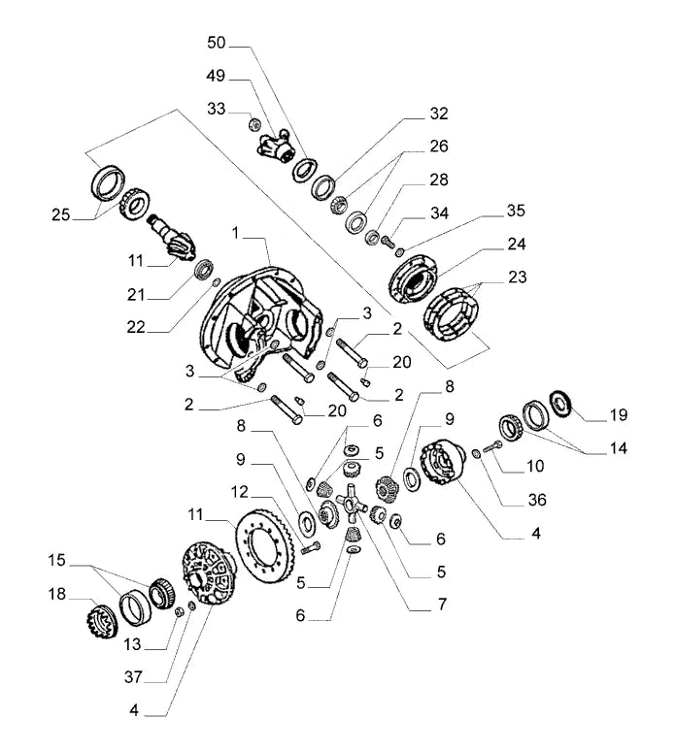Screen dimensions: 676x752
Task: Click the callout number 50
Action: click(216, 43)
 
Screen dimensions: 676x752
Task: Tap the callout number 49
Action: click(216, 76)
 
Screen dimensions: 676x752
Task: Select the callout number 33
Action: click(216, 109)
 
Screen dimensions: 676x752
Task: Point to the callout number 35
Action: click(516, 211)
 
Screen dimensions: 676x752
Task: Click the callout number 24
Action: click(517, 245)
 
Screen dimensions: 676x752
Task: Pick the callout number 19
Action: click(619, 415)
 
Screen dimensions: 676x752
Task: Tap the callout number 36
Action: click(537, 500)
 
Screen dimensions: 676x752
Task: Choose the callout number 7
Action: click(442, 605)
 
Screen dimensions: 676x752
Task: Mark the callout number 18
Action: click(56, 594)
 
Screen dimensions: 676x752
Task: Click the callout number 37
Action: click(133, 677)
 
